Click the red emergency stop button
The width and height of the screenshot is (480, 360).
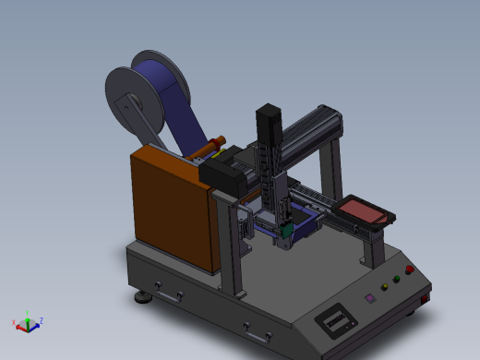409,270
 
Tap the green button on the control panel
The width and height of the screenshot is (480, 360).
397,279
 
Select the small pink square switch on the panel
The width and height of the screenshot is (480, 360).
370,298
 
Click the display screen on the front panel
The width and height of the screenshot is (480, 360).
337,321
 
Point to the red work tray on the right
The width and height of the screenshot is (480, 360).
362,210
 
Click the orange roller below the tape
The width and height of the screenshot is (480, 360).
210,145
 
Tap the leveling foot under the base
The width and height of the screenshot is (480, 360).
143,297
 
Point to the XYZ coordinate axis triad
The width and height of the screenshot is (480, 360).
28,322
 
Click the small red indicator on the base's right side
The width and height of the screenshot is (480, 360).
426,298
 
